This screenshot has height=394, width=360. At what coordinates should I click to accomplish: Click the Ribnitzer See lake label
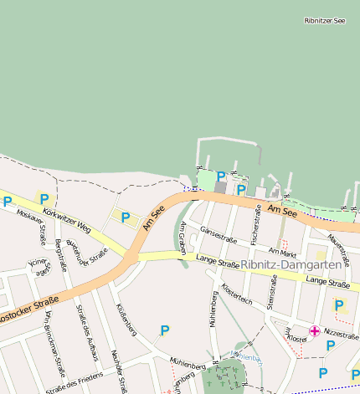coord(325,20)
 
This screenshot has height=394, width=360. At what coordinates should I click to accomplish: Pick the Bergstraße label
coord(60,255)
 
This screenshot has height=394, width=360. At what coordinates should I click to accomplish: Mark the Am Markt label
coord(283,251)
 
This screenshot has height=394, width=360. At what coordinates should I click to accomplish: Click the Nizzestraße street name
coord(341,333)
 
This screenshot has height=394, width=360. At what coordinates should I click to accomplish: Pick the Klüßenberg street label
coord(126,320)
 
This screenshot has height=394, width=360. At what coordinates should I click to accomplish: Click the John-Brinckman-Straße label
coord(56,343)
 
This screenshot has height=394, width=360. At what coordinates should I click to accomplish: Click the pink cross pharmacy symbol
coord(314,331)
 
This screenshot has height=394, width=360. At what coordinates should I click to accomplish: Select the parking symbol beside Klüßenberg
coord(165,331)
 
